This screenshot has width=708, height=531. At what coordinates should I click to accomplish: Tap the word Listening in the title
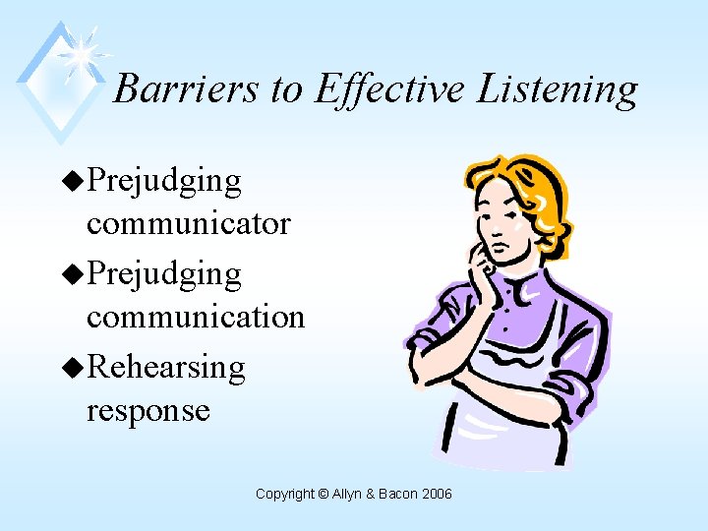point(558,88)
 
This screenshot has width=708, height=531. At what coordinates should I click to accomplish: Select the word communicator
point(189,224)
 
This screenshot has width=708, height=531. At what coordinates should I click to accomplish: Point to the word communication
point(196,317)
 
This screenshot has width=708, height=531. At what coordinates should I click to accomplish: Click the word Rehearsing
point(166,367)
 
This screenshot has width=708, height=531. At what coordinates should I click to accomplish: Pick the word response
point(148,410)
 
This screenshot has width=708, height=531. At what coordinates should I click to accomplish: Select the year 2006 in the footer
point(436,494)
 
